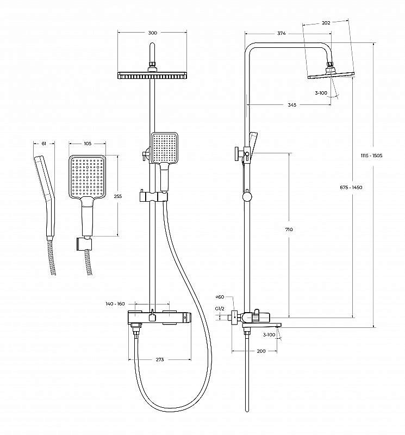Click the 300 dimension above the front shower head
(x=153, y=33)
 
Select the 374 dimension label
(x=281, y=33)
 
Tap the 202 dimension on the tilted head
(x=326, y=23)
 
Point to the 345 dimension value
(x=291, y=105)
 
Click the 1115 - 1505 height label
(x=372, y=156)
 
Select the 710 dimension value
(x=289, y=229)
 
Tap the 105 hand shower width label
(x=87, y=144)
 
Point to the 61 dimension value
(x=44, y=144)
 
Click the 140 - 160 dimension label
(x=116, y=303)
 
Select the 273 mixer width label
(x=160, y=359)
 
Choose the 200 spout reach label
(x=261, y=351)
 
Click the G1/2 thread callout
(x=220, y=308)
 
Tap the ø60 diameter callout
(x=220, y=297)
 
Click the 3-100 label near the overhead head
(x=321, y=93)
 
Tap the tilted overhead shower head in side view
(x=331, y=74)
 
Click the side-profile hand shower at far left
(x=45, y=196)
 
